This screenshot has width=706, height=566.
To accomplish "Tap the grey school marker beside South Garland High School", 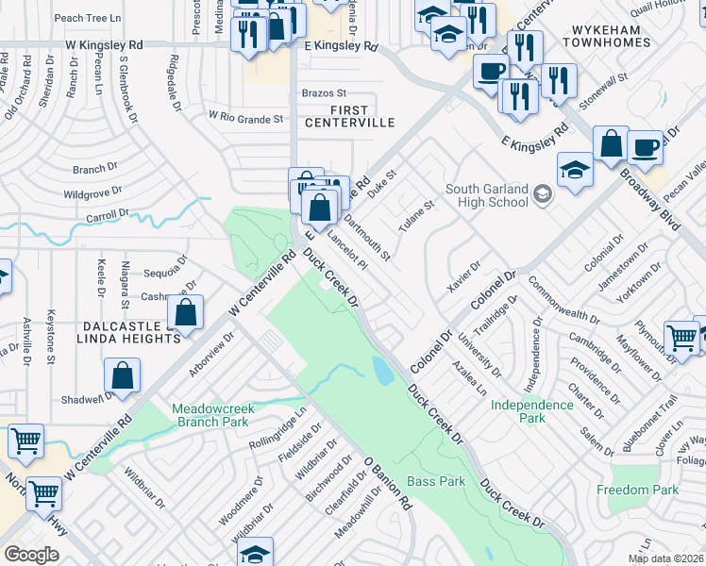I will click(542, 195).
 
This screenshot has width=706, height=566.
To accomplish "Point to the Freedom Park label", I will click(637, 490).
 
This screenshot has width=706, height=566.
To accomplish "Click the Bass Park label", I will click(436, 481).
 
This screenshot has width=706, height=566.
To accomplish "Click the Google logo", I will click(31, 554).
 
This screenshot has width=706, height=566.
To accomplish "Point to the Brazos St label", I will click(324, 93).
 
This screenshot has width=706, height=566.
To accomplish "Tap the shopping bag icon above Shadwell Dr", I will click(123, 376).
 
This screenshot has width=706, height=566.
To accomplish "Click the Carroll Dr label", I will click(107, 216).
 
